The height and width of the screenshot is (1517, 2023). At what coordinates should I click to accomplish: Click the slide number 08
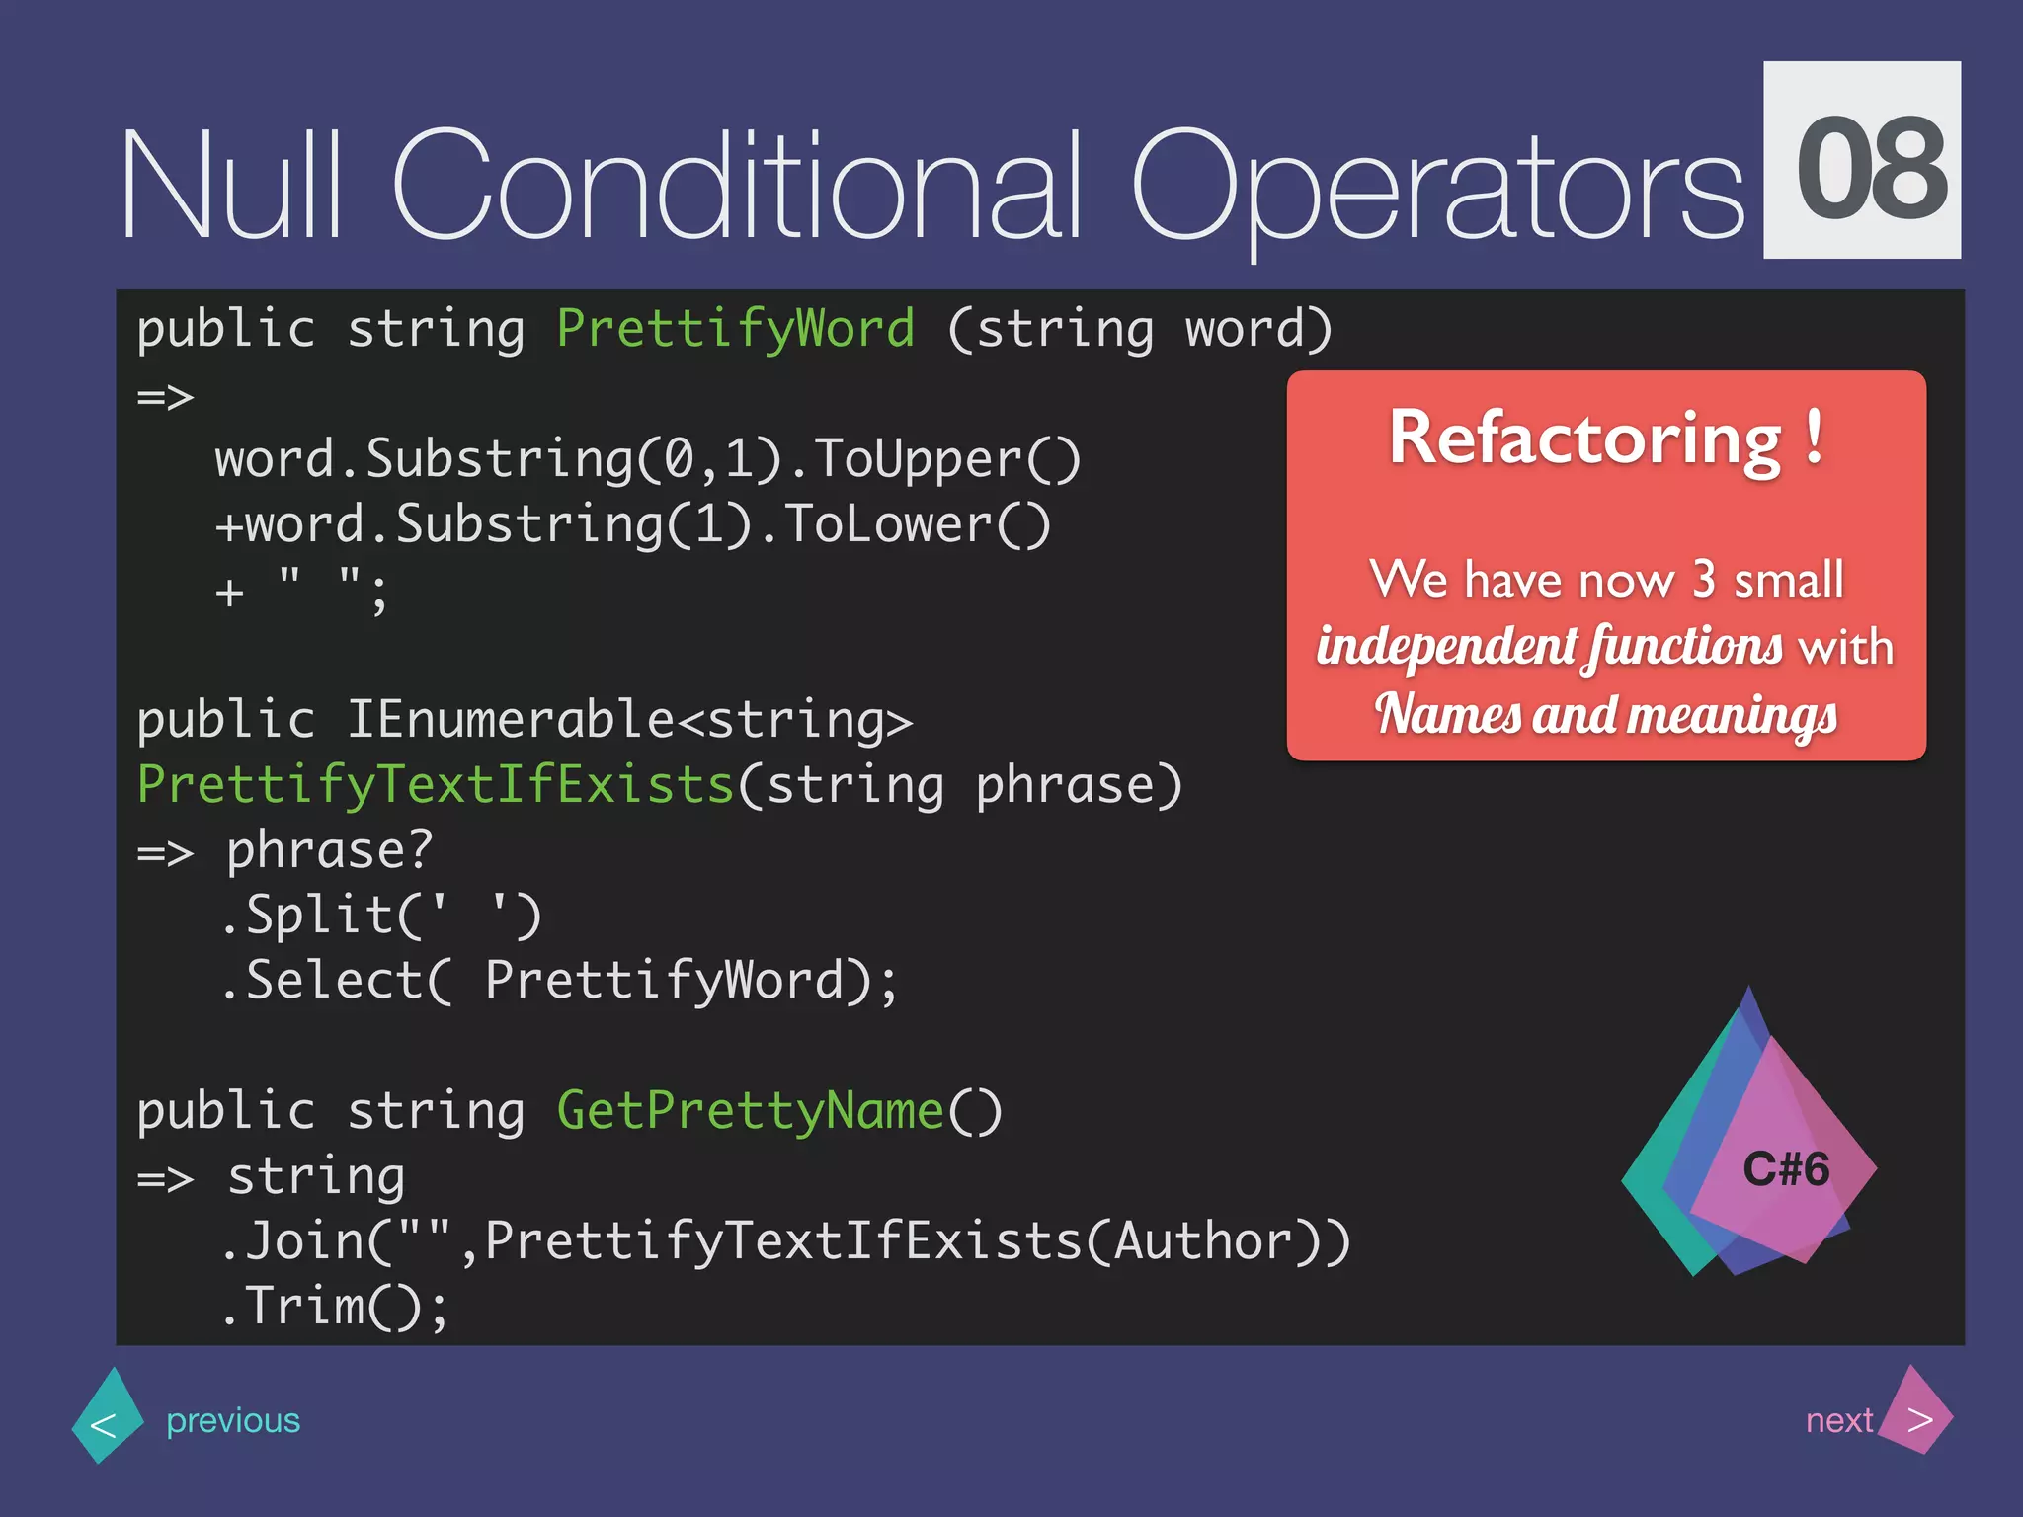pos(1862,163)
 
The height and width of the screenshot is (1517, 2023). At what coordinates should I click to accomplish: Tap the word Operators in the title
pos(1437,188)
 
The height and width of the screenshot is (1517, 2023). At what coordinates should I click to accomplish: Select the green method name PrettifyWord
pos(736,329)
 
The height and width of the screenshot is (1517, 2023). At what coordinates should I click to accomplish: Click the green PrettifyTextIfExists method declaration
pos(436,785)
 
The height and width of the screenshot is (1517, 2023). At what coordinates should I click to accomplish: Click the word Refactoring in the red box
pos(1584,439)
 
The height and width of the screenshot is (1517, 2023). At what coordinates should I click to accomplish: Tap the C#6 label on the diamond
pos(1786,1169)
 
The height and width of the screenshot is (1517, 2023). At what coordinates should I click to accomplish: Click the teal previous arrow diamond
pos(107,1418)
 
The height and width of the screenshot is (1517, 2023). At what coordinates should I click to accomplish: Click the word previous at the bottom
pos(233,1420)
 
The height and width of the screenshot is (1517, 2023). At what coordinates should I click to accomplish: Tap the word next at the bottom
pos(1837,1420)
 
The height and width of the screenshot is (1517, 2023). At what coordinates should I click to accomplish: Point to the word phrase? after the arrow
pos(330,850)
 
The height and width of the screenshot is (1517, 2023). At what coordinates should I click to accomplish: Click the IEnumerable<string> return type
pos(629,720)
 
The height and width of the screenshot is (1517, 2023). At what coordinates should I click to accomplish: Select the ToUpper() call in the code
pos(947,460)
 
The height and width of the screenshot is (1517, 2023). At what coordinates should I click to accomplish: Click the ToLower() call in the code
pos(917,524)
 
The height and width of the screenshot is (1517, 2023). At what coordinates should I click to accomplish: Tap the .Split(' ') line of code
pos(381,916)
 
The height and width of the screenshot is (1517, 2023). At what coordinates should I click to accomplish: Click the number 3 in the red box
pos(1703,579)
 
